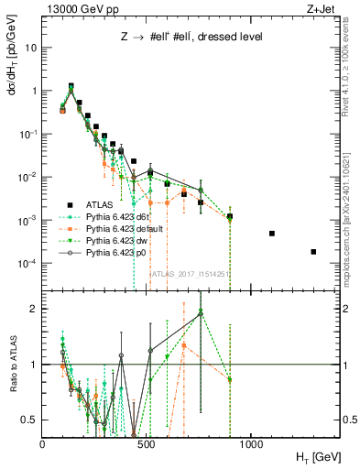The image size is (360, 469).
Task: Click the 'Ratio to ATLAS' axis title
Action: pyautogui.click(x=12, y=364)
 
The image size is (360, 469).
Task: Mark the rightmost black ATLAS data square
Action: pyautogui.click(x=313, y=252)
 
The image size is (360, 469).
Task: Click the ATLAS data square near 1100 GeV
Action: pyautogui.click(x=272, y=234)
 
